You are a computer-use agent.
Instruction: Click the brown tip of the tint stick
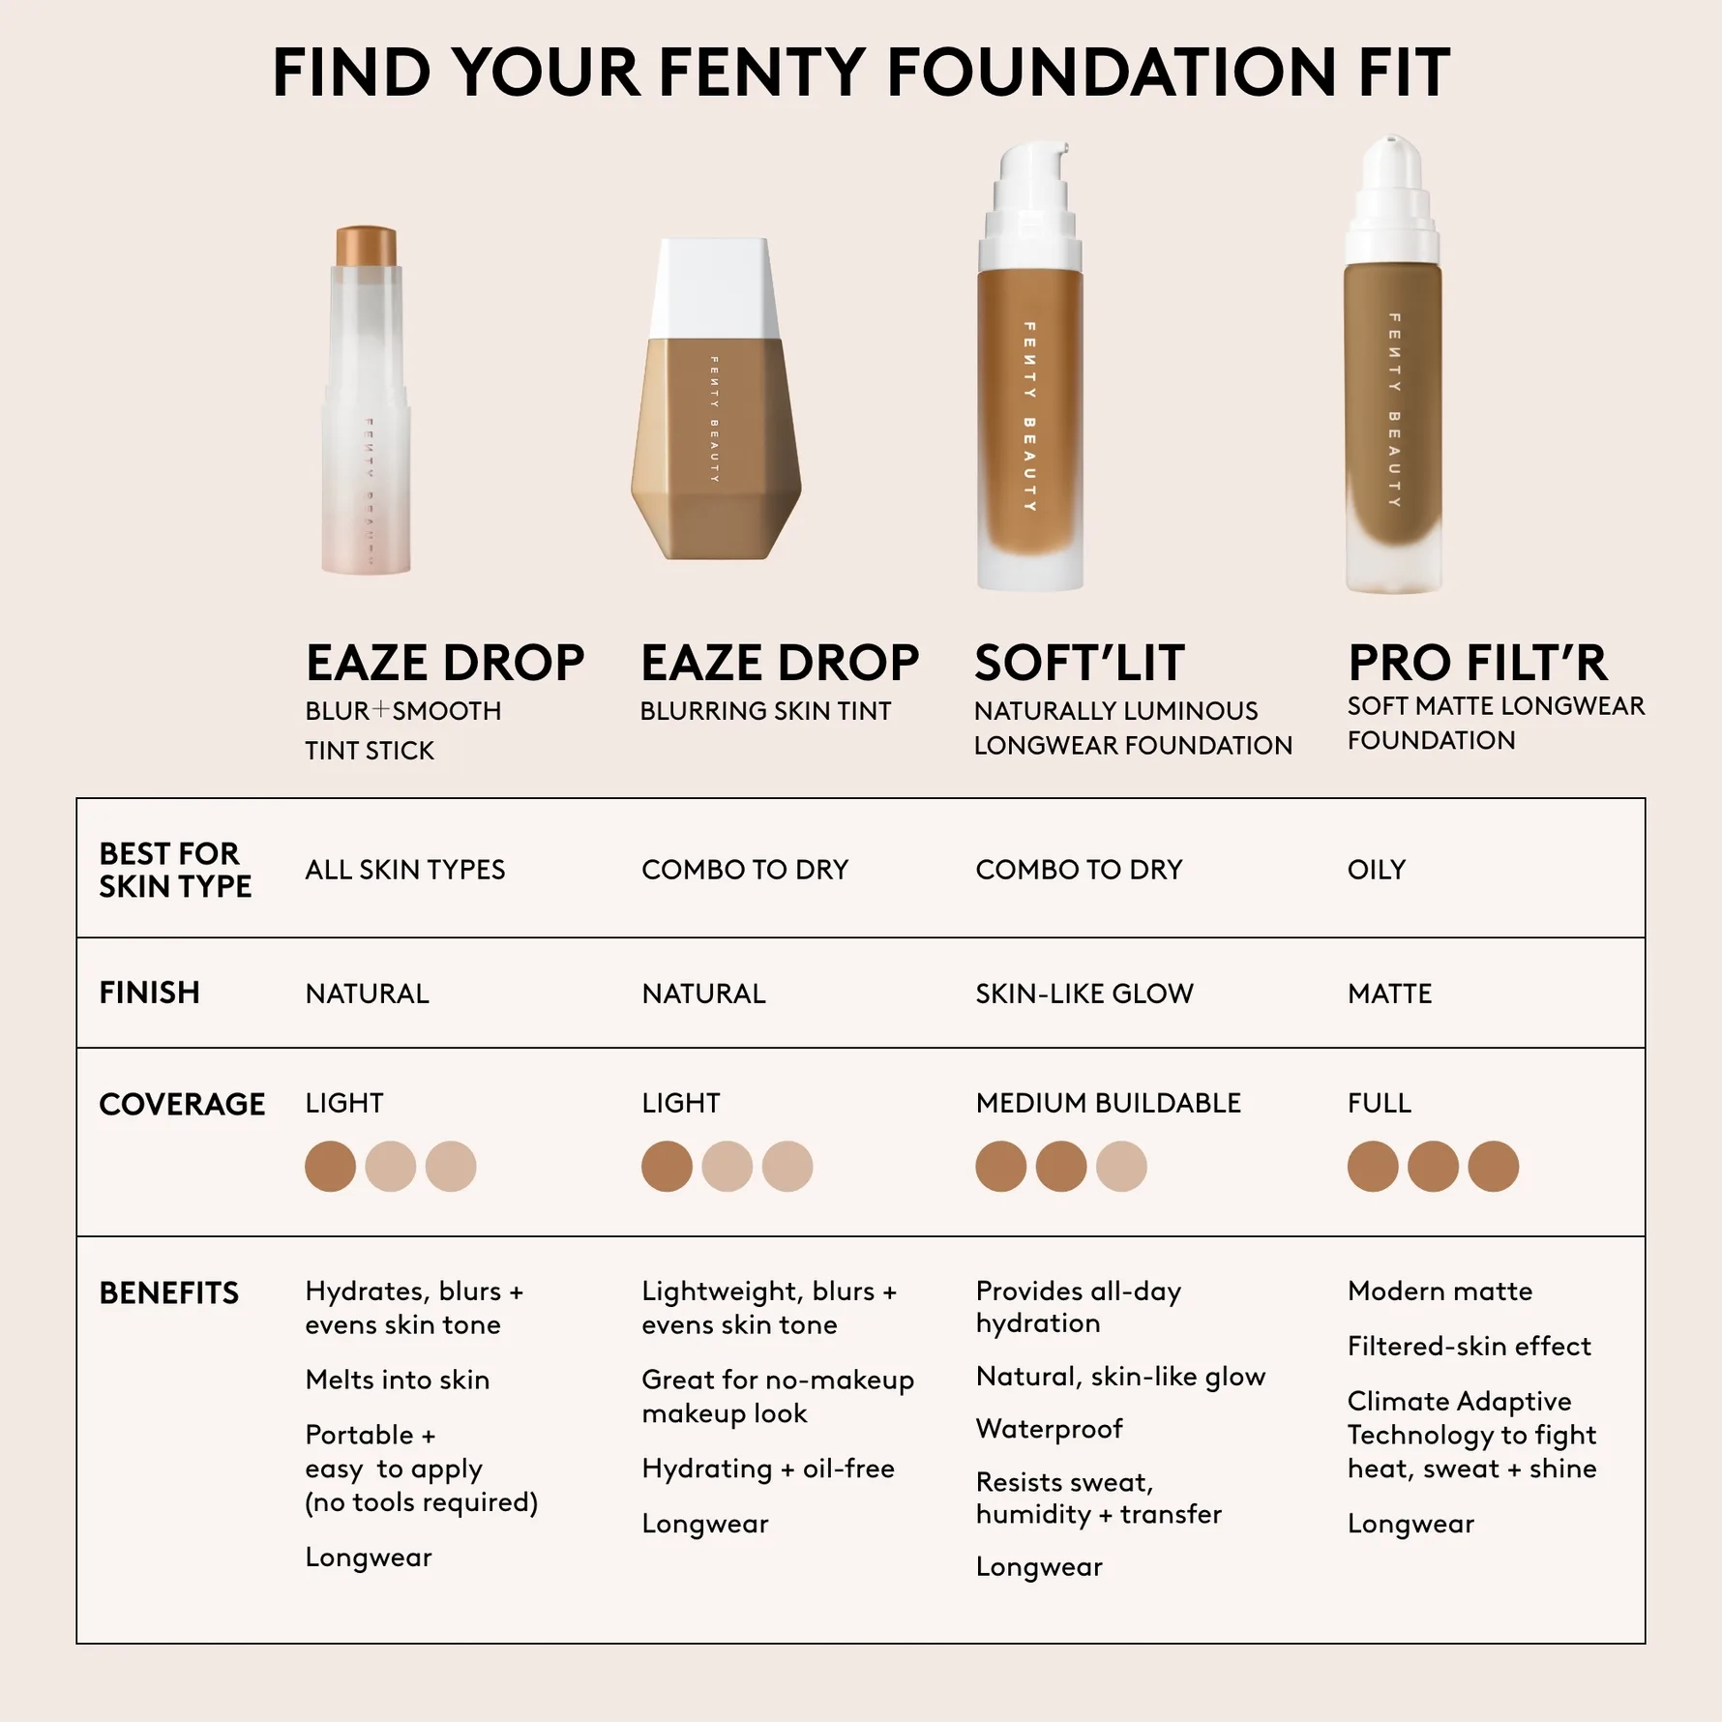click(x=366, y=246)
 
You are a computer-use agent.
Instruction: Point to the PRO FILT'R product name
click(x=1477, y=664)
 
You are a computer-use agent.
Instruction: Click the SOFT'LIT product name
click(x=1079, y=664)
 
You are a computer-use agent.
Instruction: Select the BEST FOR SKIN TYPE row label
click(x=175, y=870)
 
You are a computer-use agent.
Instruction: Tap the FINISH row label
click(x=149, y=993)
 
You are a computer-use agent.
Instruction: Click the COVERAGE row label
click(x=182, y=1104)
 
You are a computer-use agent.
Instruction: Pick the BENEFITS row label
click(x=168, y=1293)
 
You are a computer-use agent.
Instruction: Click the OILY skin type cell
click(x=1377, y=870)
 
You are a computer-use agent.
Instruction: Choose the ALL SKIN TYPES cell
click(x=404, y=870)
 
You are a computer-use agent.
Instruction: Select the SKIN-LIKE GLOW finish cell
click(x=1084, y=994)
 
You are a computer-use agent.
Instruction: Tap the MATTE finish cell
click(x=1389, y=994)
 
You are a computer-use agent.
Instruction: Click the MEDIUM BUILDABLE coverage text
click(x=1108, y=1103)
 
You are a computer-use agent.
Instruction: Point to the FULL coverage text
click(x=1380, y=1103)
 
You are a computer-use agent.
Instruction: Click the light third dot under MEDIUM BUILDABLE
click(x=1121, y=1166)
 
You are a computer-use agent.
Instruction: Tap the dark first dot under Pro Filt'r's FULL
click(x=1373, y=1166)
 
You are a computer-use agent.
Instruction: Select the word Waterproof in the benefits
click(x=1050, y=1429)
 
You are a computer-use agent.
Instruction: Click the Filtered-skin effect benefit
click(x=1469, y=1346)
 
